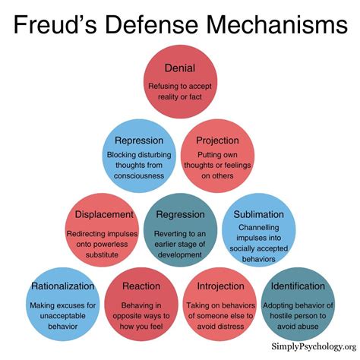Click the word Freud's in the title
[54, 26]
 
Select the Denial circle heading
[179, 68]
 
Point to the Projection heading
[217, 141]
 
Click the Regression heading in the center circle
[179, 214]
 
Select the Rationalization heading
[63, 286]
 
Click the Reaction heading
[141, 286]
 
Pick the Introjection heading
[219, 286]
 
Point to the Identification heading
[297, 286]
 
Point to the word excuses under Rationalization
[63, 305]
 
